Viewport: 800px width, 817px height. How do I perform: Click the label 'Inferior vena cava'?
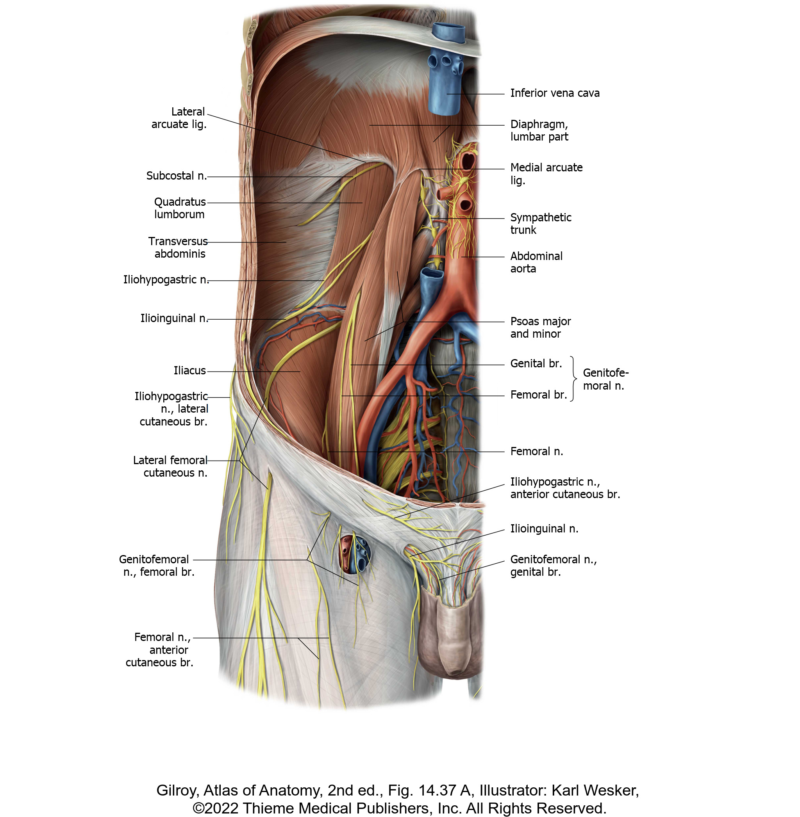click(555, 93)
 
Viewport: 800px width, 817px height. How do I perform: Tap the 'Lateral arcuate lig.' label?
click(179, 118)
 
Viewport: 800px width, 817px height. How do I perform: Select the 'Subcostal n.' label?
click(177, 176)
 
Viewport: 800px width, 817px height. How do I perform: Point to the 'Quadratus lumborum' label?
click(180, 208)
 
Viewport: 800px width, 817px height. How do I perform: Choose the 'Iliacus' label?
click(190, 370)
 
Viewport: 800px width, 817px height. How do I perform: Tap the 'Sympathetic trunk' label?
click(541, 223)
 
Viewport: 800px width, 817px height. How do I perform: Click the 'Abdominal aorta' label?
click(536, 262)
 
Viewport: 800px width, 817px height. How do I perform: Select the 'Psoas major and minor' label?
click(540, 328)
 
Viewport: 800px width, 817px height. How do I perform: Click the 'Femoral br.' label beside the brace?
click(539, 395)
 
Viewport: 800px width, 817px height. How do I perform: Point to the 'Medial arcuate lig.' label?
click(546, 174)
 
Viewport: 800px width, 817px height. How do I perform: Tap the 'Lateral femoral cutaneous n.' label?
click(170, 466)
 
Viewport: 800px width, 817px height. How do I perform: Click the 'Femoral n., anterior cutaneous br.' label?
click(159, 650)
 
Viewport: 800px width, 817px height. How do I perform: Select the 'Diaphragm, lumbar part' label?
click(539, 130)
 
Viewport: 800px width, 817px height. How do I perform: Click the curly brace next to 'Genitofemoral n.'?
click(573, 379)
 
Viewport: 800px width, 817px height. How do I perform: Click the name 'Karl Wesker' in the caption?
click(595, 790)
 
